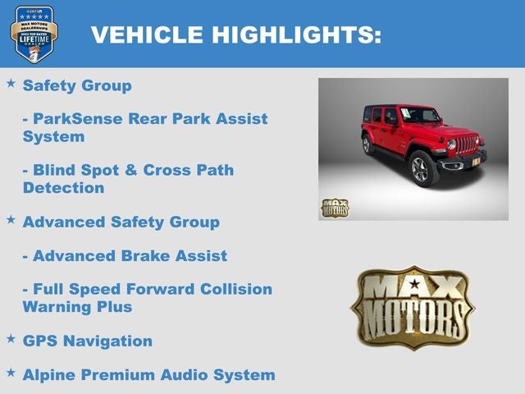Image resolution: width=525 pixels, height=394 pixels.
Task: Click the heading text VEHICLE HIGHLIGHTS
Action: (235, 34)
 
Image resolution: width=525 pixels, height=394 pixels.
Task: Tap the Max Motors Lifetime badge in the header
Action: (34, 33)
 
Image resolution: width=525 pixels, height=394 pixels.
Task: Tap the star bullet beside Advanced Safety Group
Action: (11, 221)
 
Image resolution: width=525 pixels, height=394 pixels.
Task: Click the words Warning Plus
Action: (77, 307)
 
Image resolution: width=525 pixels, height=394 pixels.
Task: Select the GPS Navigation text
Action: (88, 341)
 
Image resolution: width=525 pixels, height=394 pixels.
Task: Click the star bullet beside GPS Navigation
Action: (11, 339)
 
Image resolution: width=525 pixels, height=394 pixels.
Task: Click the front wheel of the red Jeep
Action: (423, 168)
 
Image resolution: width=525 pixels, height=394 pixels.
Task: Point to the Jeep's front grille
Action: (467, 145)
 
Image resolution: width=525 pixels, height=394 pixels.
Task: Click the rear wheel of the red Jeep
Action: (367, 144)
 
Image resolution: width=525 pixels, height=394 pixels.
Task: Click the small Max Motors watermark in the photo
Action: (335, 208)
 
